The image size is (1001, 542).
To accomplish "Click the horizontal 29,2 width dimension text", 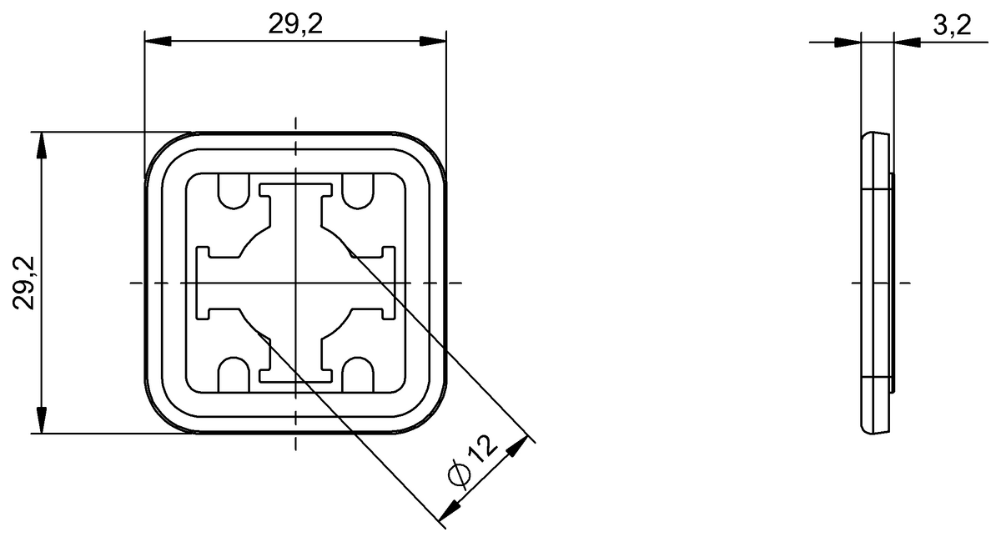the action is click(x=295, y=24).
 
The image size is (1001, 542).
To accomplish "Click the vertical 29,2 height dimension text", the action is click(x=23, y=283).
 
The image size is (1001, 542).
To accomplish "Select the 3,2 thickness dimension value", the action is click(x=953, y=25).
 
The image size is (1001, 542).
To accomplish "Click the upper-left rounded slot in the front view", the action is click(x=234, y=191).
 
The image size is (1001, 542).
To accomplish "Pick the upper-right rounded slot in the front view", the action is click(x=358, y=191).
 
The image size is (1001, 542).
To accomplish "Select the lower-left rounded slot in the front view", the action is click(x=234, y=374).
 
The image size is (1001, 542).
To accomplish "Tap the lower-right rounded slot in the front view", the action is click(x=358, y=374).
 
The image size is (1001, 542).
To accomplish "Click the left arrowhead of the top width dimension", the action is click(x=158, y=41).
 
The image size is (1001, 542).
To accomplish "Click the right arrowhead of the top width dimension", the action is click(x=433, y=41).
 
